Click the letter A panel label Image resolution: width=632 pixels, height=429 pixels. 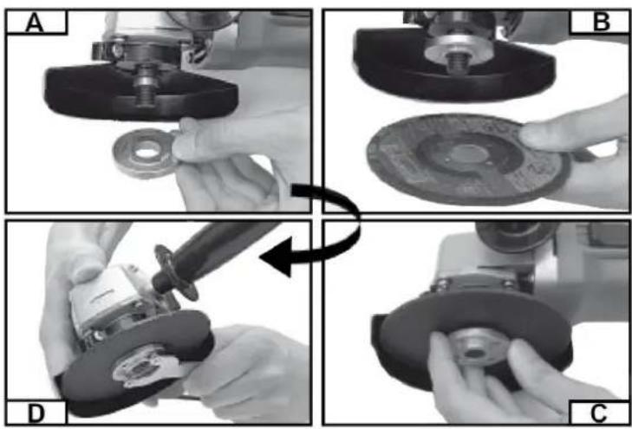tap(35, 23)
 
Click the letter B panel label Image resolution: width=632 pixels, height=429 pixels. tap(602, 22)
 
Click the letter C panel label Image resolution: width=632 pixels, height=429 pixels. tap(599, 413)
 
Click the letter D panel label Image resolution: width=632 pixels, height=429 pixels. tap(36, 413)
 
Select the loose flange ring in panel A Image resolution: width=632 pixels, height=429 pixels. tap(146, 153)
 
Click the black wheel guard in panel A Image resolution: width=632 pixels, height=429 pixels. tap(141, 94)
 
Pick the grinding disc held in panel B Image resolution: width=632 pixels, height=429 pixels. tap(467, 159)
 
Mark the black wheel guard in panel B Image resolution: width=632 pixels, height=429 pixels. tap(454, 67)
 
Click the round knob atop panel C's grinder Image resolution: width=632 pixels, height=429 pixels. tap(516, 235)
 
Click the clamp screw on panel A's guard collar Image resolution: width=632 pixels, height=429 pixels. tap(117, 50)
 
